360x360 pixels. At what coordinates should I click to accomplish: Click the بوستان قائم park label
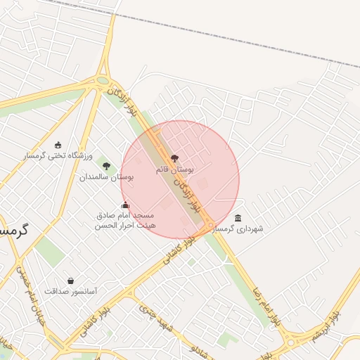[x=174, y=169]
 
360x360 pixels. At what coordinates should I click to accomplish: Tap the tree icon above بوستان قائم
[x=174, y=159]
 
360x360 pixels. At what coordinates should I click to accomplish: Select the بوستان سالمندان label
[x=106, y=178]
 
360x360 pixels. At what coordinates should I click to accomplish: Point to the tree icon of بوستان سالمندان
[x=106, y=167]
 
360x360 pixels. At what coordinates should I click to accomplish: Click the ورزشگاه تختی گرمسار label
[x=57, y=155]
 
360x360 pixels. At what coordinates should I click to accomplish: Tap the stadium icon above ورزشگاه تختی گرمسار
[x=58, y=144]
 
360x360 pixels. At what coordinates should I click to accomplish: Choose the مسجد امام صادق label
[x=126, y=214]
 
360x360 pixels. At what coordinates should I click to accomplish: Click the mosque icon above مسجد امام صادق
[x=126, y=205]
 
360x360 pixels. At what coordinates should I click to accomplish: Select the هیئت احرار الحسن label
[x=125, y=225]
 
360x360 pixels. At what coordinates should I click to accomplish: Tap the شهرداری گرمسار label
[x=238, y=229]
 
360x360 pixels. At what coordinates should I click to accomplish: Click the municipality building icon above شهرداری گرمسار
[x=238, y=218]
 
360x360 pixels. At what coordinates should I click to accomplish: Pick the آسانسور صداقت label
[x=70, y=291]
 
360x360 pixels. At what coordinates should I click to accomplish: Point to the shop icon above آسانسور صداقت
[x=70, y=281]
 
